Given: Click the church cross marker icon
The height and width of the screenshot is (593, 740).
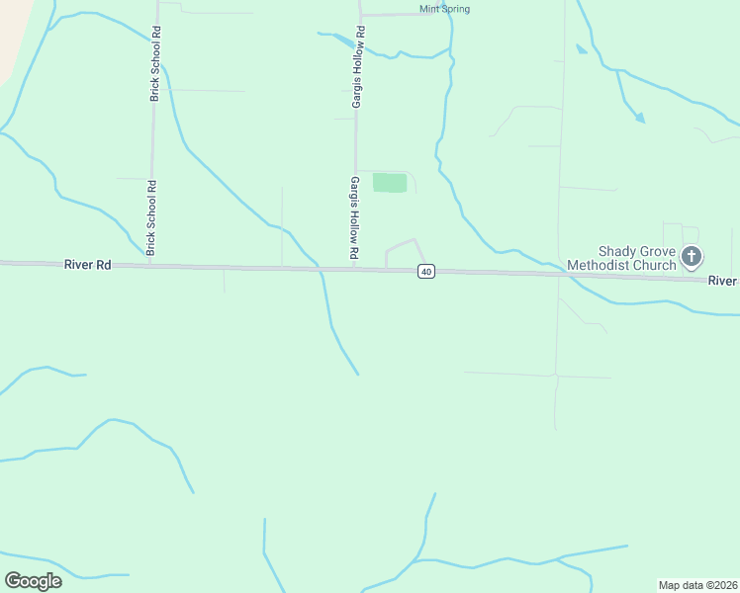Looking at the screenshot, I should point(692,258).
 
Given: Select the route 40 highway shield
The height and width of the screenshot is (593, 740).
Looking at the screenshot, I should point(425,272).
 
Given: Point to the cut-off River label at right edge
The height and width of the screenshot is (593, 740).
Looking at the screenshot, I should point(723,281).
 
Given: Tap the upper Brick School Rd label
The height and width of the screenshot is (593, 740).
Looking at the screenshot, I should point(155,64).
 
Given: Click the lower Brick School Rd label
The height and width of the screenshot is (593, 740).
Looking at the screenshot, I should point(151,217).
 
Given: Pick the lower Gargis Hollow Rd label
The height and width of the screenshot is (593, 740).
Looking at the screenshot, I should point(353,219).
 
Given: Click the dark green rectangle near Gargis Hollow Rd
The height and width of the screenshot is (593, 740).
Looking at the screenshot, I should point(390,183).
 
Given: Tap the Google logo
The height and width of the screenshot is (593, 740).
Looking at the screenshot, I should point(33,580).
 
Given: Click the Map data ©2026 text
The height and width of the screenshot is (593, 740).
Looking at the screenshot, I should point(697,585).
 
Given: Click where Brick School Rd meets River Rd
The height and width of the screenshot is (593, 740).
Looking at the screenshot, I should point(149,265).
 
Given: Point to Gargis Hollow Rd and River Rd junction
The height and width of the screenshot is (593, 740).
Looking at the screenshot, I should point(354,267).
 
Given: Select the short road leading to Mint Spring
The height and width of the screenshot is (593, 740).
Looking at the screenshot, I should point(401,15).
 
